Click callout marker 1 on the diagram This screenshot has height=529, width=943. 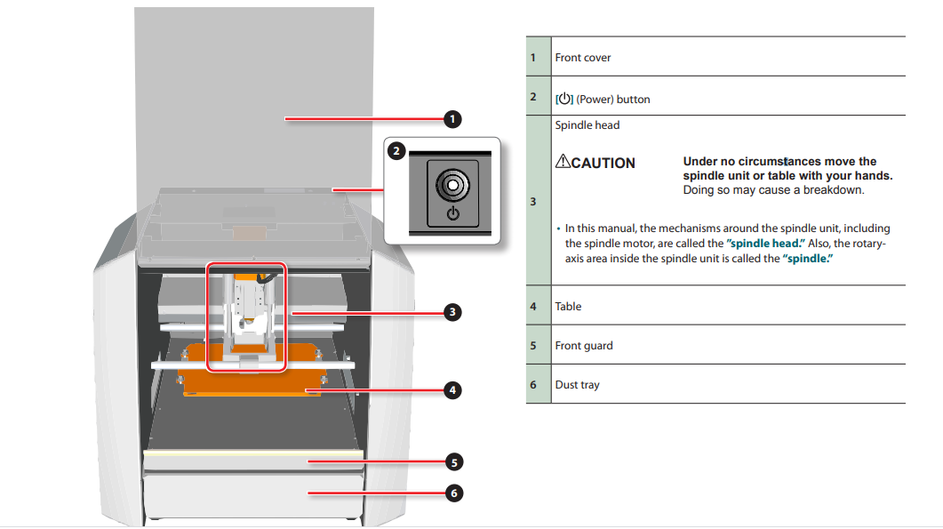tap(452, 118)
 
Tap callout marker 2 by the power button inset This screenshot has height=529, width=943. tap(397, 151)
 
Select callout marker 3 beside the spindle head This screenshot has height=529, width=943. tap(452, 312)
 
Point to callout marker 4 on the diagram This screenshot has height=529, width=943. tap(452, 389)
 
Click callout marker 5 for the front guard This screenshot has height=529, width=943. tap(452, 462)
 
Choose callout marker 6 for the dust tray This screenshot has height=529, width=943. tap(452, 493)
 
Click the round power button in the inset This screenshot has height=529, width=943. tap(452, 185)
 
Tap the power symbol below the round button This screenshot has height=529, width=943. tap(452, 213)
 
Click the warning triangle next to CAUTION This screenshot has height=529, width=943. tap(563, 162)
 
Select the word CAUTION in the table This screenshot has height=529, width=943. tap(603, 164)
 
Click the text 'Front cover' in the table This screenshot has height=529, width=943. tap(583, 58)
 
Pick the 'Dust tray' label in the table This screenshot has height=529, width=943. tap(578, 385)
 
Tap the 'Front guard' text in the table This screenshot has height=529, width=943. tap(584, 346)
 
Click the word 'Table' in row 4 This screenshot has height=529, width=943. tap(568, 307)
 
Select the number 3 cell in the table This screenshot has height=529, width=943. tap(533, 202)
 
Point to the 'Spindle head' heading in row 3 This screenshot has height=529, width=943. tap(587, 125)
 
